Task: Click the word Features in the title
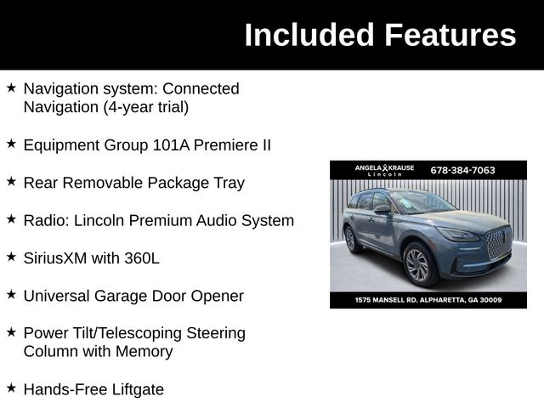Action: [x=450, y=35]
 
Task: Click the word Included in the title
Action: [x=309, y=35]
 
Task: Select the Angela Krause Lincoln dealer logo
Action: [x=384, y=170]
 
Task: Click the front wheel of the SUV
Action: [x=417, y=264]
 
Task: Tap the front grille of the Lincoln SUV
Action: [x=497, y=245]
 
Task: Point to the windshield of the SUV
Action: [x=422, y=201]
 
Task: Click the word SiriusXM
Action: [x=58, y=258]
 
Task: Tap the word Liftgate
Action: [x=135, y=389]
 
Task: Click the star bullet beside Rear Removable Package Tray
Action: [x=11, y=181]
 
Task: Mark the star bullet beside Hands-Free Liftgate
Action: [x=11, y=388]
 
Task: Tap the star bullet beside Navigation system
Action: [x=11, y=87]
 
